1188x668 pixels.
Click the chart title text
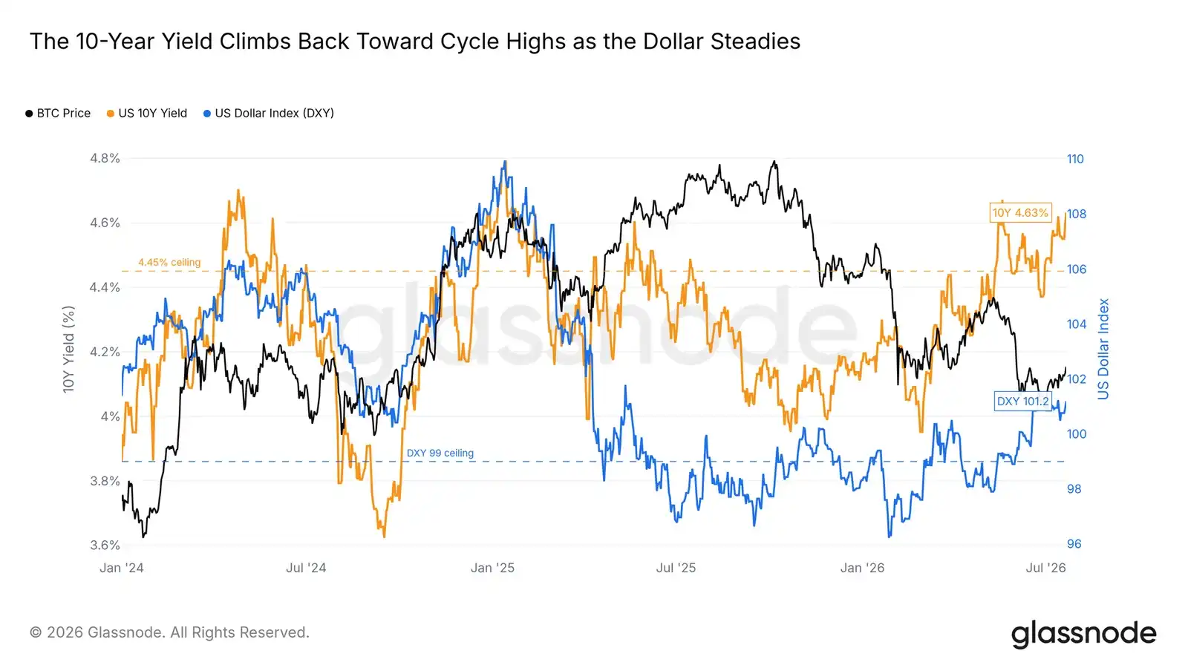click(x=415, y=42)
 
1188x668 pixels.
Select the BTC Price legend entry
click(x=58, y=114)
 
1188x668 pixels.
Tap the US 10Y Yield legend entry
click(x=147, y=114)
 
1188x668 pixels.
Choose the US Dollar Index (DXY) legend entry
click(x=269, y=114)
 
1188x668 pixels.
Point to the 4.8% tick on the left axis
click(x=105, y=159)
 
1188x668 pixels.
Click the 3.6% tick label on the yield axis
click(x=105, y=545)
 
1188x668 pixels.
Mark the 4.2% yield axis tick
click(x=105, y=352)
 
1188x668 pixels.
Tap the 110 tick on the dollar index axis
click(x=1076, y=159)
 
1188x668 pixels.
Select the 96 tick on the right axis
click(x=1074, y=544)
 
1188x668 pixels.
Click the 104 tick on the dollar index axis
click(x=1077, y=324)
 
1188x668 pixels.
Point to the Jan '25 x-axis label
click(x=493, y=568)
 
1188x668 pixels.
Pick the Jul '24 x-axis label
click(x=306, y=568)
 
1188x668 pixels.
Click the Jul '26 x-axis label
click(x=1046, y=568)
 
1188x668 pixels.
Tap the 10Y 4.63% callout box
click(x=1020, y=213)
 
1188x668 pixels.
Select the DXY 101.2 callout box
click(x=1023, y=402)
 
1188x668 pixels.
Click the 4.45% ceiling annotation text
click(x=170, y=263)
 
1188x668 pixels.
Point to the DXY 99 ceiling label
click(x=440, y=453)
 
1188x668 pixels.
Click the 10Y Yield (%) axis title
click(x=68, y=350)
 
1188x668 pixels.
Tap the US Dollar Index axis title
click(x=1103, y=350)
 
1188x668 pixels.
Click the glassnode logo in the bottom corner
click(x=1083, y=634)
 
